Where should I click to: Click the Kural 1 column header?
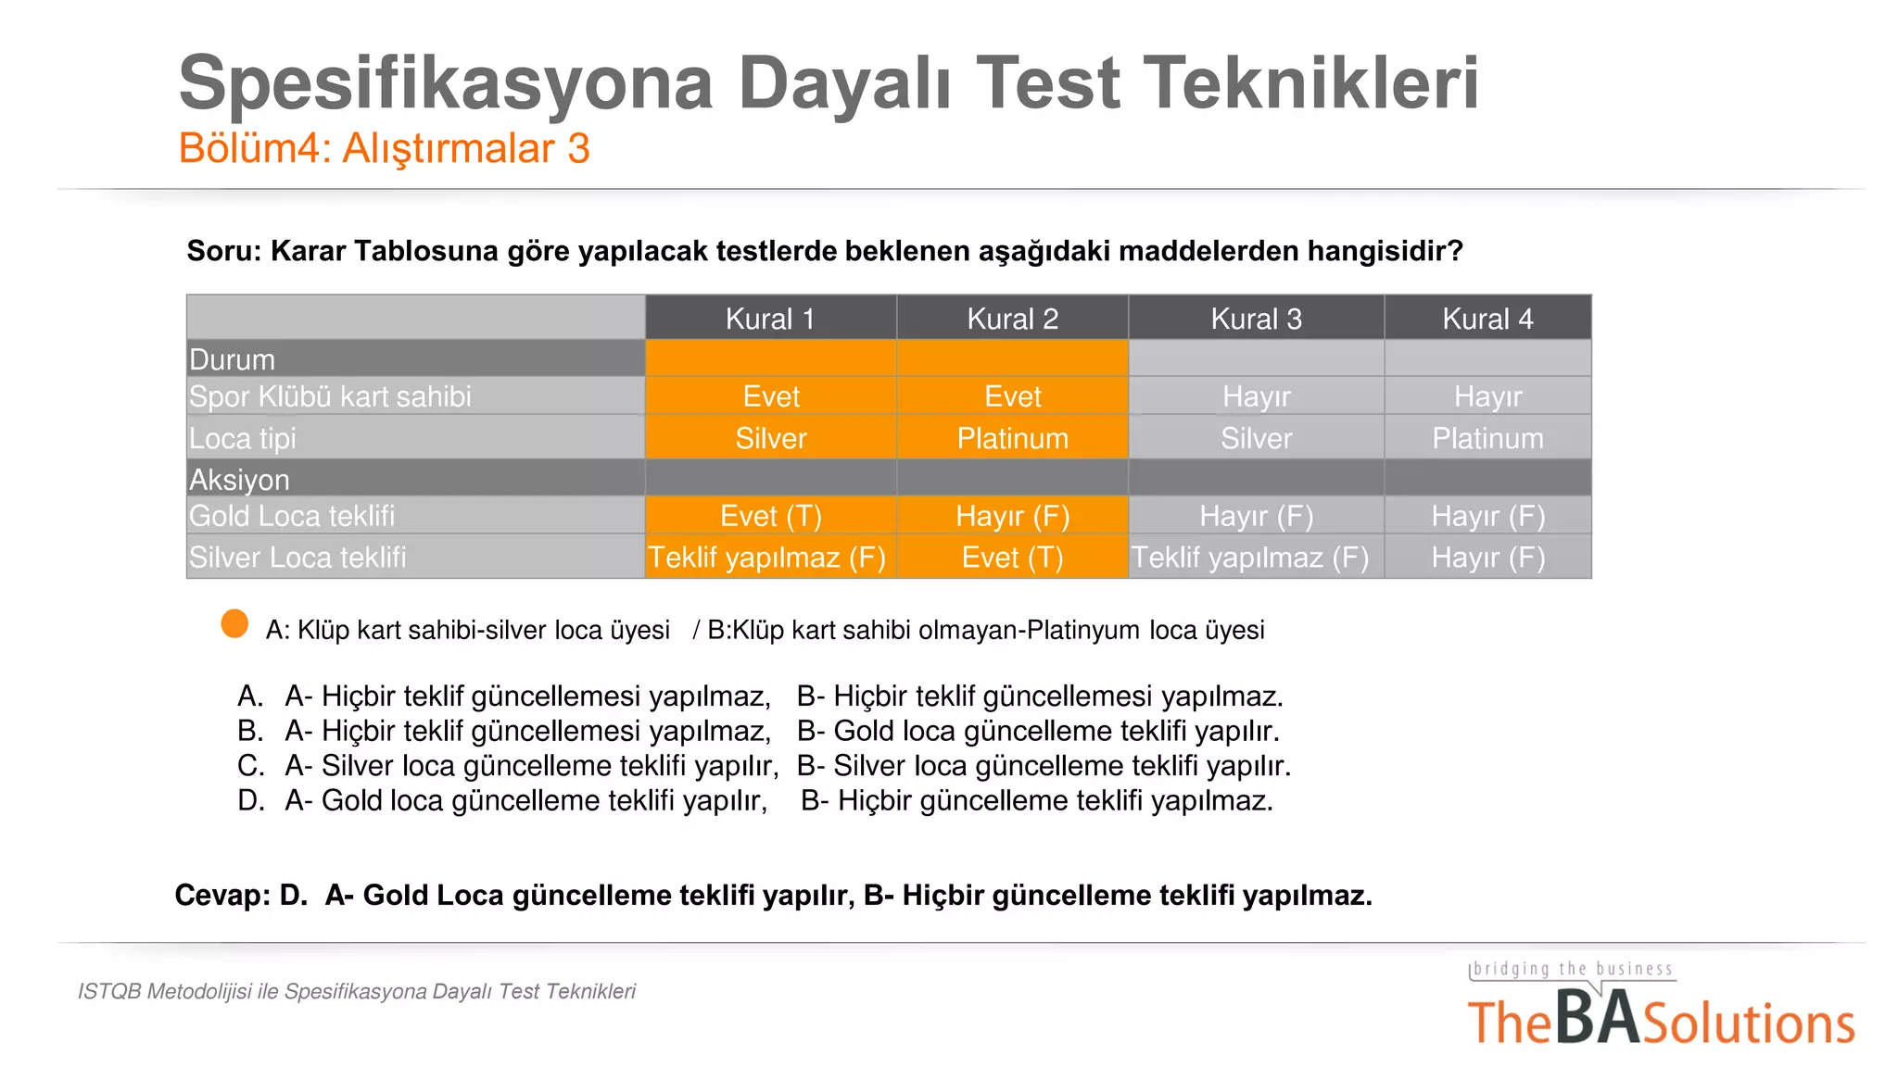coord(770,319)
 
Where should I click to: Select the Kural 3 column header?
coord(1256,319)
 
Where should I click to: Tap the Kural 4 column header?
coord(1487,319)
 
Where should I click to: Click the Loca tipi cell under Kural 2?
coord(1012,438)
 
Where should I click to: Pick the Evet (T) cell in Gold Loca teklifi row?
coord(770,516)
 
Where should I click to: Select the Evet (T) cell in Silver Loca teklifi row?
coord(1012,558)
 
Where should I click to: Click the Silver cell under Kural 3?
coord(1256,438)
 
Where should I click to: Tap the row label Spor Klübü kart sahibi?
coord(330,396)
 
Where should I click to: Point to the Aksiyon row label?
coord(239,480)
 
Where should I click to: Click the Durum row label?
coord(232,359)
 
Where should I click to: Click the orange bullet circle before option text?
coord(234,624)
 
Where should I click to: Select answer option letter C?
coord(250,766)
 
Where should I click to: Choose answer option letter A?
coord(250,696)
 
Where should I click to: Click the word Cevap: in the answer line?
coord(222,896)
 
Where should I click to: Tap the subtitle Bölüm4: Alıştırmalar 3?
coord(384,148)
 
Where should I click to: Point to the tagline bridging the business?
coord(1572,969)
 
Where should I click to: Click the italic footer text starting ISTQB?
coord(357,991)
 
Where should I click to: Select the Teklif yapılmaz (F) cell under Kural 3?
coord(1249,558)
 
